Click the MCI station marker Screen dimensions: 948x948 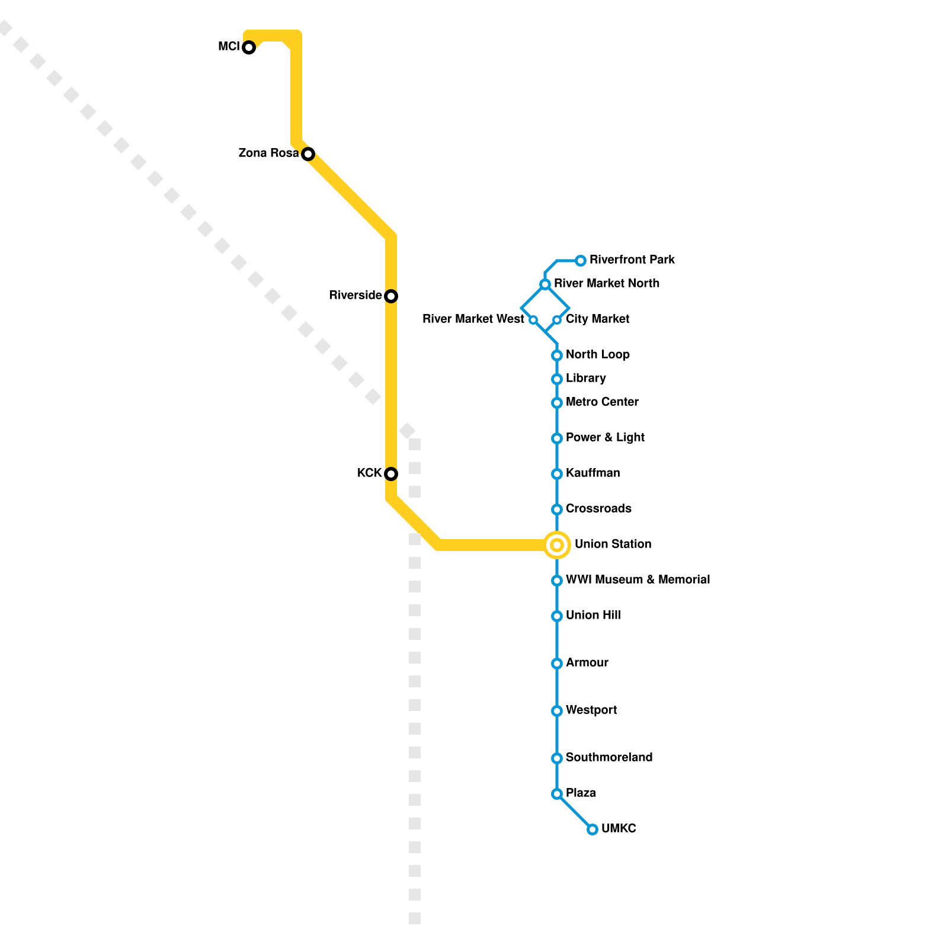point(249,47)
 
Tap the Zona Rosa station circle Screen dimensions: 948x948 point(308,154)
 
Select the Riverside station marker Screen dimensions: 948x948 point(391,296)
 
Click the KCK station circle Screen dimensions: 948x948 point(391,474)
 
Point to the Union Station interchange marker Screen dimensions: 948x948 point(557,545)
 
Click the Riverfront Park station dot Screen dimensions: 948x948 point(581,261)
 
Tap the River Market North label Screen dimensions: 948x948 point(607,283)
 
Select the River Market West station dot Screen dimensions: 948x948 point(533,320)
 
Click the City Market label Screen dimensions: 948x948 point(597,319)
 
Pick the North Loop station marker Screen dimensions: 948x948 point(557,355)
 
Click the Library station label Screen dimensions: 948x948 point(585,378)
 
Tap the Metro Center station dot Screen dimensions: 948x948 point(557,403)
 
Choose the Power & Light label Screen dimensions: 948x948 point(605,437)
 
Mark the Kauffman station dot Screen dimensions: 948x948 point(557,474)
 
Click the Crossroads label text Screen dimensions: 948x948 point(598,508)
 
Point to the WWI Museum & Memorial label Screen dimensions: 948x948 point(638,579)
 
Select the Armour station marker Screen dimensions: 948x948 point(557,664)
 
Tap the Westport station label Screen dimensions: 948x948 point(591,710)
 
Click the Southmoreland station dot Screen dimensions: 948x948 point(557,758)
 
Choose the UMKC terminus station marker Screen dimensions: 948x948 point(592,829)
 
